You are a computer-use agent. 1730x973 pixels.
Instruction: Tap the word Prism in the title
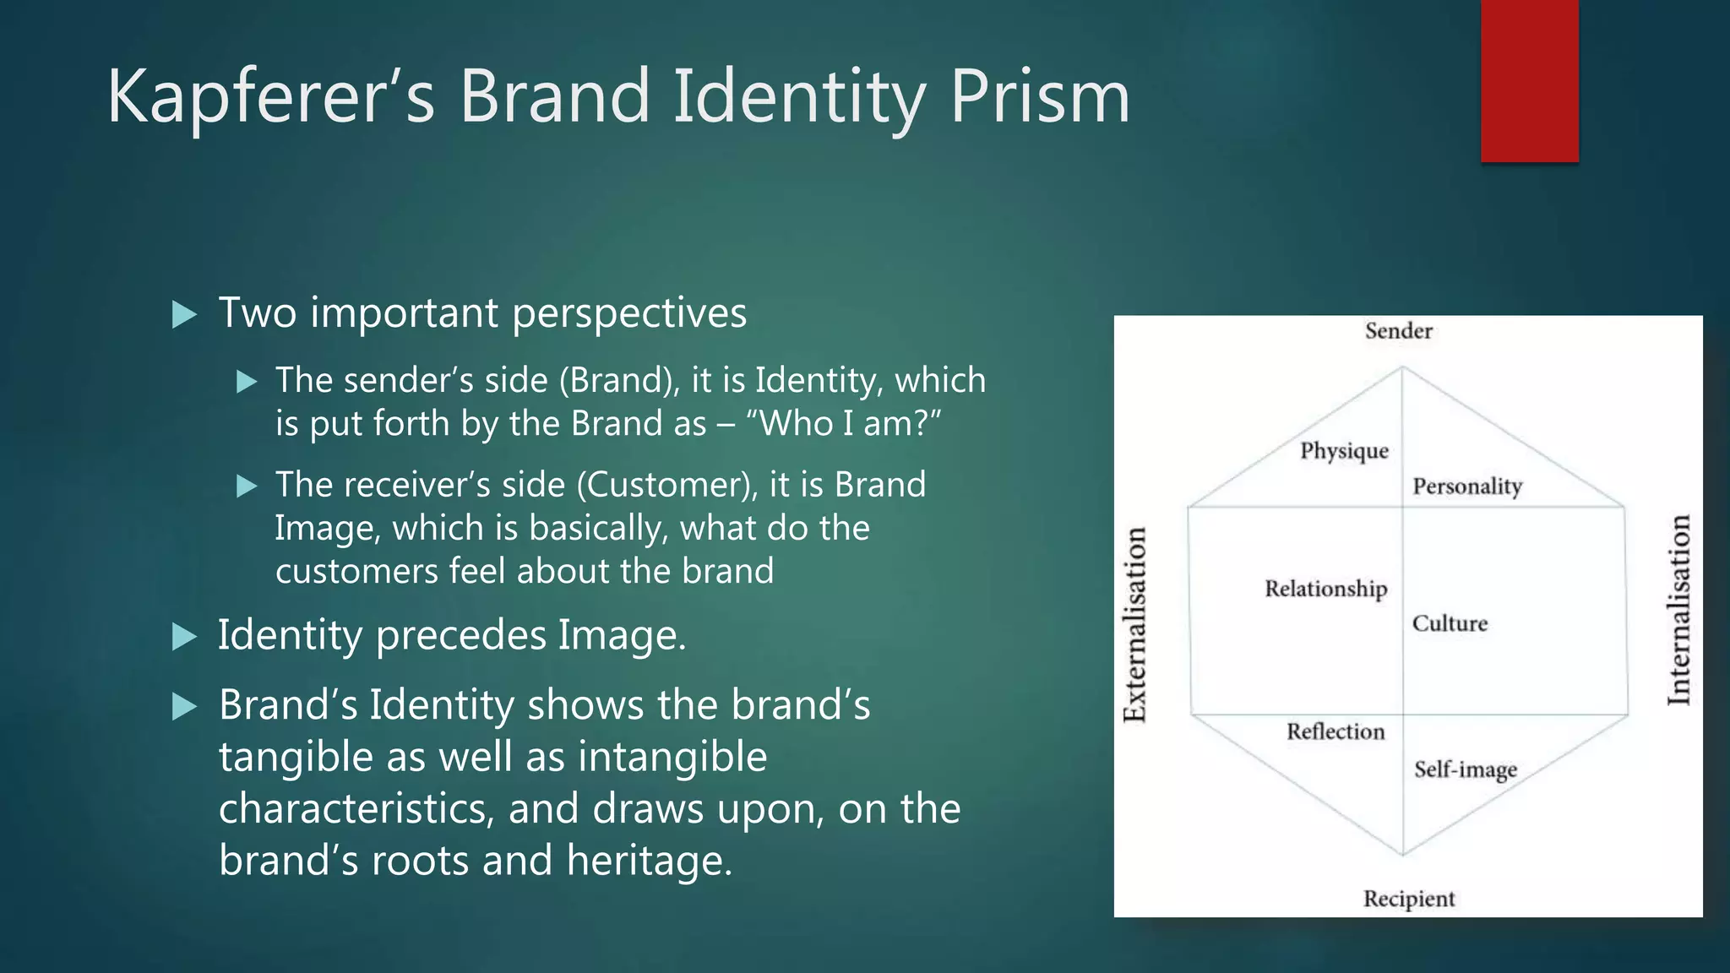point(1040,97)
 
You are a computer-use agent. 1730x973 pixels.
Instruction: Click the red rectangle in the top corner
point(1529,80)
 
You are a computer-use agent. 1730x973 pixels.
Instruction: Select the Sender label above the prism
point(1399,330)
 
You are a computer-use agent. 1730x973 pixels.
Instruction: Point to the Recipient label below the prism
point(1409,899)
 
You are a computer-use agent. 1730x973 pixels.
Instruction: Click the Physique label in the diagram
point(1344,451)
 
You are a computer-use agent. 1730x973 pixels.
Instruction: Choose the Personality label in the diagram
point(1467,486)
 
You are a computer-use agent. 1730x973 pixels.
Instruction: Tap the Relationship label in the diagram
point(1325,589)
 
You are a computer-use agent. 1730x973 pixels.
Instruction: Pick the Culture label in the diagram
point(1450,623)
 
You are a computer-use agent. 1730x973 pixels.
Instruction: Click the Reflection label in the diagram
point(1336,731)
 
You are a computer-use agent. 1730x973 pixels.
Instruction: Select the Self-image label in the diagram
point(1466,769)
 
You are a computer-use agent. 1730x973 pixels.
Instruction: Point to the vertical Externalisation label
point(1134,625)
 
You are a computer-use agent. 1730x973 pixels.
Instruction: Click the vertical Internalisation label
point(1679,610)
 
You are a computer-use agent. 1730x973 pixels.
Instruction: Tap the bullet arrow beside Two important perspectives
point(183,315)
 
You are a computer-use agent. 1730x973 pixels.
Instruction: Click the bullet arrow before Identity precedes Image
point(183,637)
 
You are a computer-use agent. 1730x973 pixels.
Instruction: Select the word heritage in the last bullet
point(649,861)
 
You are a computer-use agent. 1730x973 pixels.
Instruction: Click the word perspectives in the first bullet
point(629,314)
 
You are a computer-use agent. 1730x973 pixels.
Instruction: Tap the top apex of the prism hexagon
point(1402,367)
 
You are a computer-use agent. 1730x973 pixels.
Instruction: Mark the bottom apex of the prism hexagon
point(1403,855)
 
